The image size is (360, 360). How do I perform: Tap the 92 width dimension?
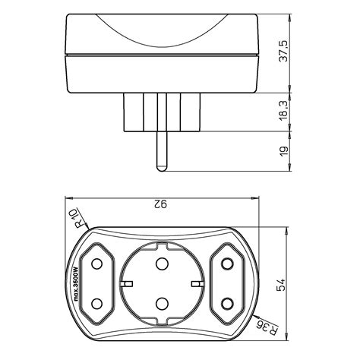(160, 203)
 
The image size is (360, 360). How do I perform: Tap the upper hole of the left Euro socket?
(98, 265)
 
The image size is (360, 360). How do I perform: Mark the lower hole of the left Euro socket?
(98, 304)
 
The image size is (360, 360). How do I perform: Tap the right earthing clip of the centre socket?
(199, 284)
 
